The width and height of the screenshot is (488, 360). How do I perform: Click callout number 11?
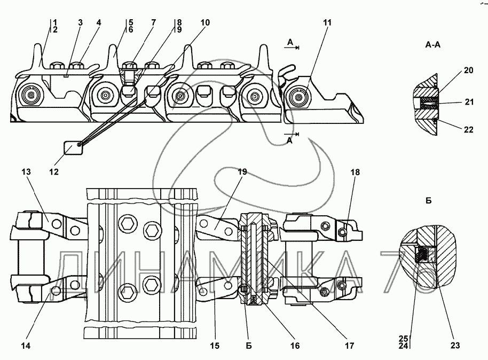click(x=327, y=22)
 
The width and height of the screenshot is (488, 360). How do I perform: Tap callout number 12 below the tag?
click(x=54, y=172)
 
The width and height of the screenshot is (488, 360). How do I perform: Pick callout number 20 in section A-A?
click(x=468, y=71)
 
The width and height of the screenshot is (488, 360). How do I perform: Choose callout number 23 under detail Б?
click(x=455, y=345)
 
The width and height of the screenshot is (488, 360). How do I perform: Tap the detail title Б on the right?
click(x=429, y=201)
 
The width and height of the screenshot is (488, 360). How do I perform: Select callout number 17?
click(x=350, y=346)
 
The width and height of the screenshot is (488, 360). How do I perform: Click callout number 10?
click(x=205, y=22)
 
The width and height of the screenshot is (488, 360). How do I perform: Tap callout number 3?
click(x=81, y=22)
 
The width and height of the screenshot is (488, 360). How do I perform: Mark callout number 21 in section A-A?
click(x=468, y=102)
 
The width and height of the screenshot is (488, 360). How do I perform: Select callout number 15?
click(x=215, y=346)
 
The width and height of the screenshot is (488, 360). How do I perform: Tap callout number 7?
click(x=153, y=22)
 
